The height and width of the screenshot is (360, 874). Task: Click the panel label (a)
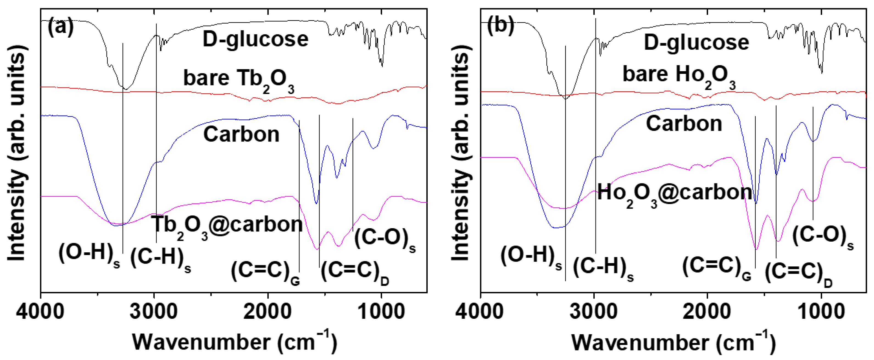60,27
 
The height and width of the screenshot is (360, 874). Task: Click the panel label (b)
500,26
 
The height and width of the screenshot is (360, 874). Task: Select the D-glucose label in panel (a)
255,39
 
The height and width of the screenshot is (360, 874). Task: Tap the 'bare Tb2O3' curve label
238,79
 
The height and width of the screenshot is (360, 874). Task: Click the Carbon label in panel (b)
684,124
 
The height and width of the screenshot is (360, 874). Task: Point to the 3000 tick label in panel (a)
153,311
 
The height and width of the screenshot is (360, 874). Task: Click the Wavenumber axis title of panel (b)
673,343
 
